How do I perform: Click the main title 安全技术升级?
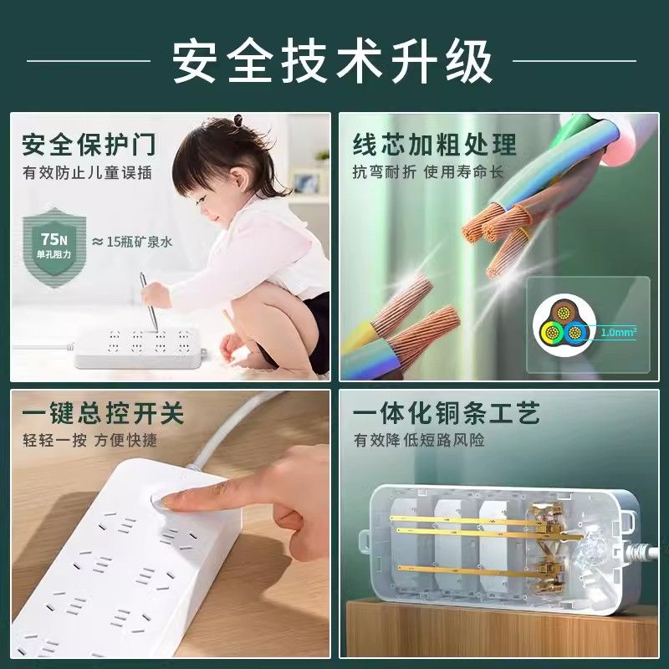(333, 60)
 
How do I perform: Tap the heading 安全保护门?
(89, 145)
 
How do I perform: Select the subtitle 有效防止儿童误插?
(87, 173)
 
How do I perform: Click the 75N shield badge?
(54, 248)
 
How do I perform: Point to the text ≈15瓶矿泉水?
(132, 242)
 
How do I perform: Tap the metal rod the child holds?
(150, 302)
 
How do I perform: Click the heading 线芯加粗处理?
(434, 145)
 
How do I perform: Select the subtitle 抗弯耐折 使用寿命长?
(428, 172)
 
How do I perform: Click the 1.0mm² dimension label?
(619, 332)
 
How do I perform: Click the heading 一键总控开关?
(103, 413)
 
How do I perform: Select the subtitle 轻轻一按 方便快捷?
(89, 441)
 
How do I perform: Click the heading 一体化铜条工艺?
(447, 413)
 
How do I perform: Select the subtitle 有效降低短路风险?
(419, 441)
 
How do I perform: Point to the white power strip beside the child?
(137, 348)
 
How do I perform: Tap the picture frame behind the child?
(306, 183)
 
